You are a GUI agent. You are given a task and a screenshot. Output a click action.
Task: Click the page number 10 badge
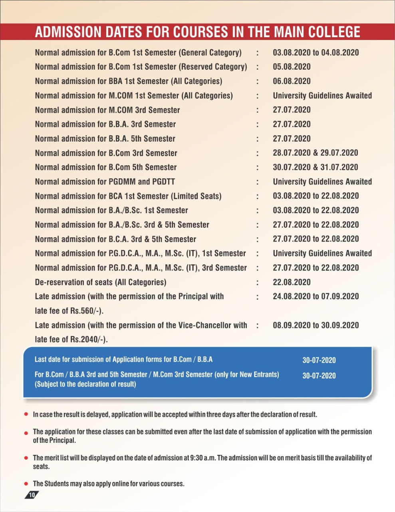[x=32, y=495]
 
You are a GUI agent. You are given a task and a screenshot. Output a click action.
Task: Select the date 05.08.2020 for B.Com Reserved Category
[x=292, y=67]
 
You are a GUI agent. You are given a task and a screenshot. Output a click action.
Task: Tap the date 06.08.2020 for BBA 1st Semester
[x=292, y=81]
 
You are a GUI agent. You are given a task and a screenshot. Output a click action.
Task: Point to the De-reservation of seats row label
[x=100, y=282]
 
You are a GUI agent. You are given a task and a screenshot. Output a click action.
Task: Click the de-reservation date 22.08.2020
[x=292, y=282]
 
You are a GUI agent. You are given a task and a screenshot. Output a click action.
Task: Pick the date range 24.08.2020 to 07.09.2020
[x=316, y=296]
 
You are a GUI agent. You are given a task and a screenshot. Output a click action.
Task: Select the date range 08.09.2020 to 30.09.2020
[x=316, y=325]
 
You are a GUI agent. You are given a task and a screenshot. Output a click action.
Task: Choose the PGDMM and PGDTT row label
[x=105, y=182]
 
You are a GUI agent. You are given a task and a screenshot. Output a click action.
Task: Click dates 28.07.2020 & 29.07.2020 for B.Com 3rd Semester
[x=315, y=153]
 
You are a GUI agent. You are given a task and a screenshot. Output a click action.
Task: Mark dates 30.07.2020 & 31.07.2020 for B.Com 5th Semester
[x=315, y=167]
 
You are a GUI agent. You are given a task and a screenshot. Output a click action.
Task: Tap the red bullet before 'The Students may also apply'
[x=26, y=484]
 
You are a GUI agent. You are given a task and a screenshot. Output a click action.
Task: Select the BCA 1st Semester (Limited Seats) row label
[x=128, y=196]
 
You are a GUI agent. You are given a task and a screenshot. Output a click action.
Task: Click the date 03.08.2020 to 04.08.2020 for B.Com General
[x=316, y=52]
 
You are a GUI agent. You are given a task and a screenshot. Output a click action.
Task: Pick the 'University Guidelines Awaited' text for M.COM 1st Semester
[x=322, y=96]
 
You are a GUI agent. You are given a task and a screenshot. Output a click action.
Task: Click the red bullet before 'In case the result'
[x=26, y=414]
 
